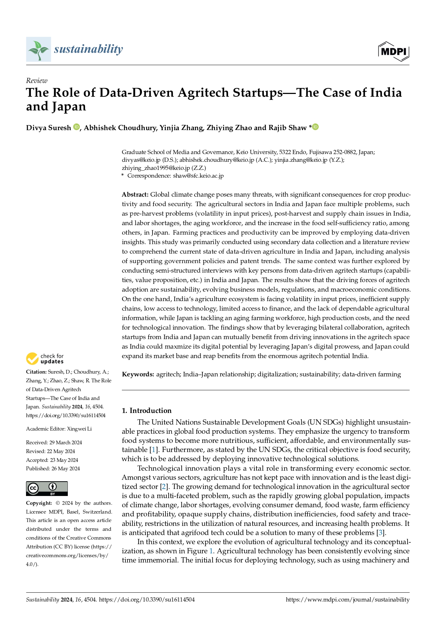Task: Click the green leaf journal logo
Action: point(39,50)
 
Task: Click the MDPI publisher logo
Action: point(394,51)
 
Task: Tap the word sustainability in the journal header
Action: point(89,49)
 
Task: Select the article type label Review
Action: point(37,81)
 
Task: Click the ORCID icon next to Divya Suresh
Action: point(76,127)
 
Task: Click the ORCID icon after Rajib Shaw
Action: point(315,127)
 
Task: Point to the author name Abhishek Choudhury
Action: point(120,128)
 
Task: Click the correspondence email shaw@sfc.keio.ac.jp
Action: point(198,176)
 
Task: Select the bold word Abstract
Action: point(135,195)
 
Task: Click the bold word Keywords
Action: point(138,374)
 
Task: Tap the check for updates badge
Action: point(45,359)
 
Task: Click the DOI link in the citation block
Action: point(66,415)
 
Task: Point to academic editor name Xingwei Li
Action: point(79,429)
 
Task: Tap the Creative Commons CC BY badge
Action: point(47,489)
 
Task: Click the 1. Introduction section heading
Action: point(147,411)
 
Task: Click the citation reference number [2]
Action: point(163,487)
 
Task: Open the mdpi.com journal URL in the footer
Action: point(347,600)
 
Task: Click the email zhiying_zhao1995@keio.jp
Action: point(156,168)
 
